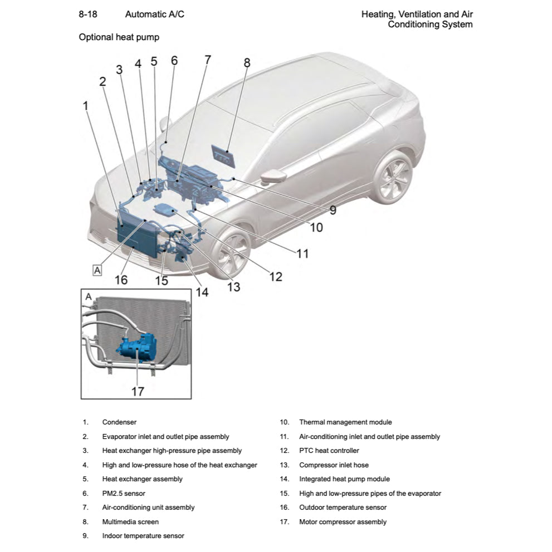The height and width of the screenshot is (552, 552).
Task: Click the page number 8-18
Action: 88,14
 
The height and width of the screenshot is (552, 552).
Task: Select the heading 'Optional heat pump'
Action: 119,37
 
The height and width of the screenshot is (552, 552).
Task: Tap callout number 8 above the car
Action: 247,62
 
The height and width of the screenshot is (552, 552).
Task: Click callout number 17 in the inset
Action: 138,391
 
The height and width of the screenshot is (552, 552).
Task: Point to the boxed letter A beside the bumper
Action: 97,270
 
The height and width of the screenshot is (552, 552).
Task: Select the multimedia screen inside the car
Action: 223,155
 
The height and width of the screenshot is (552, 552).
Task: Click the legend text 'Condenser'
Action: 119,422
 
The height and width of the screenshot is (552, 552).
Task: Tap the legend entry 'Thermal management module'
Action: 345,422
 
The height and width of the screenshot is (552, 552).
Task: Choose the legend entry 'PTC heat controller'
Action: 329,451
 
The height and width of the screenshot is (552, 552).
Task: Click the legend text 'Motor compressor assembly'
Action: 343,522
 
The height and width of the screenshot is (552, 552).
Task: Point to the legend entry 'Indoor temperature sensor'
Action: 143,536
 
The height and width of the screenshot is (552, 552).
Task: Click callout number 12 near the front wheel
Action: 275,276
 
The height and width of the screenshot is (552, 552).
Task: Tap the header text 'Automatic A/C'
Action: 154,14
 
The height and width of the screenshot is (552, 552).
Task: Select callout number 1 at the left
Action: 85,105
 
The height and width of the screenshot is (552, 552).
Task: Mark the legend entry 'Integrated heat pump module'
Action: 344,479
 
